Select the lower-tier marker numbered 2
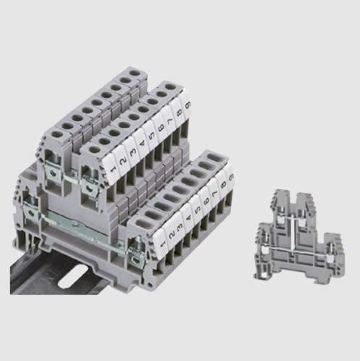click(169, 233)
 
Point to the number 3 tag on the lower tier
click(180, 223)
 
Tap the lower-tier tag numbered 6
click(209, 197)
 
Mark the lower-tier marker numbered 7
click(217, 189)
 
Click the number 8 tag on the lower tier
click(225, 182)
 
